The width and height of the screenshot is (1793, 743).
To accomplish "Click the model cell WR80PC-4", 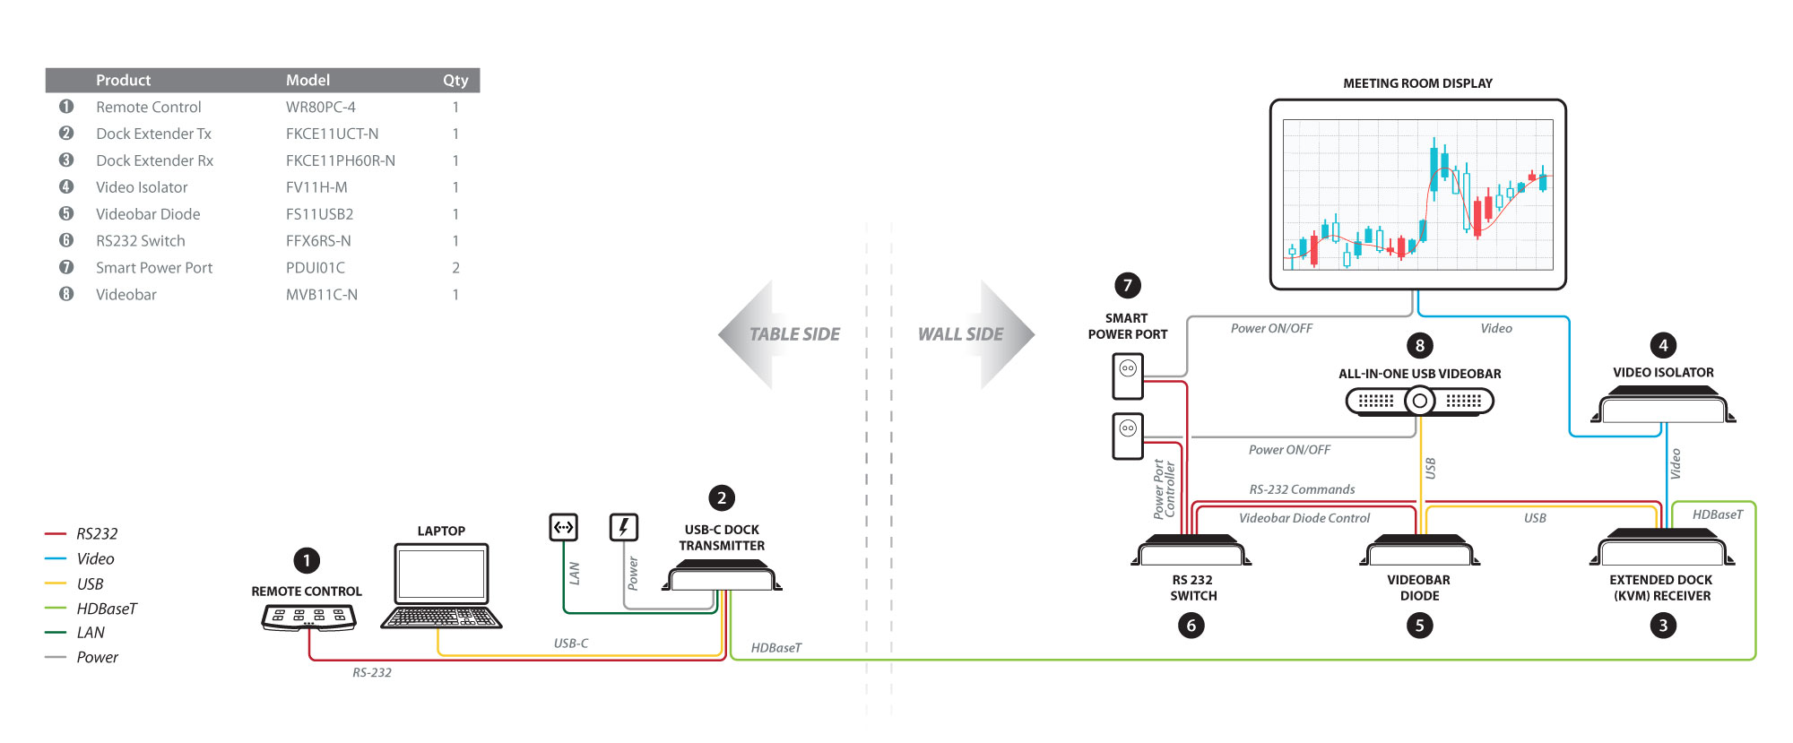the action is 320,108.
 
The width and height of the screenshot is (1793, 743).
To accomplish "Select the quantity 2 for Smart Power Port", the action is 455,268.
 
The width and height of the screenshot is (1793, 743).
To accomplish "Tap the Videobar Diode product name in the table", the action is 148,214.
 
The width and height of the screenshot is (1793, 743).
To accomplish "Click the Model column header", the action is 307,81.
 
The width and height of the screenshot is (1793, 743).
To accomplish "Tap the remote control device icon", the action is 308,618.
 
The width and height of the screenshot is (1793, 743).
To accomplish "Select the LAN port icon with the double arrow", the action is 563,527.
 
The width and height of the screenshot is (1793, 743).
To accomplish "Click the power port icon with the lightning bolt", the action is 624,527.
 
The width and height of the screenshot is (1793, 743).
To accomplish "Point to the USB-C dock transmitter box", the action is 722,575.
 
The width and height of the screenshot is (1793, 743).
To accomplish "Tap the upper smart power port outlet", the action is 1128,376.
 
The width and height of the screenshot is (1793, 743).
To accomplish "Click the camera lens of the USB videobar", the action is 1419,401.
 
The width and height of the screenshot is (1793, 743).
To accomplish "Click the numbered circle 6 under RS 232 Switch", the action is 1191,626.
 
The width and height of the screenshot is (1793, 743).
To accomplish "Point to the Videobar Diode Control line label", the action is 1304,518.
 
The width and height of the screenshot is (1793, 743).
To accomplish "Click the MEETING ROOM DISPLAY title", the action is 1417,83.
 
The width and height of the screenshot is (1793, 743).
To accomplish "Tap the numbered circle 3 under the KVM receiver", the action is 1663,626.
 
